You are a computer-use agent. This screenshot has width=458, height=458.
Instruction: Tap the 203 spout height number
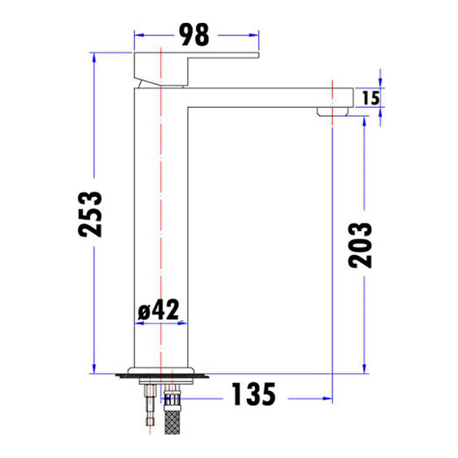pyautogui.click(x=360, y=245)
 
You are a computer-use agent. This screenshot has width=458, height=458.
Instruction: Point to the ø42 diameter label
pyautogui.click(x=158, y=310)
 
